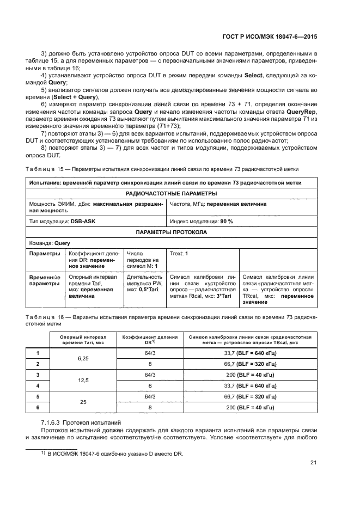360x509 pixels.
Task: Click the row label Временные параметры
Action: point(44,280)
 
